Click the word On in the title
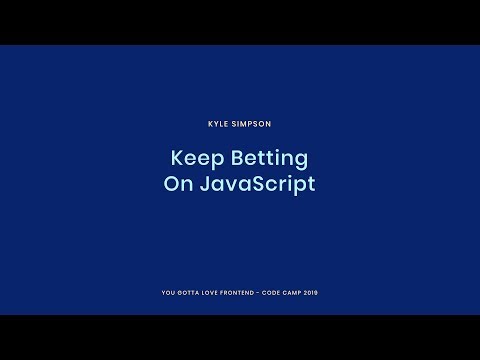(178, 184)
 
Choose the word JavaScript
(257, 185)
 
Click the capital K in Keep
(177, 159)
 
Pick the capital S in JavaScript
(254, 185)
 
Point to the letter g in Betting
(300, 162)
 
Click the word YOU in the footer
(167, 293)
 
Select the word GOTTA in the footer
(189, 293)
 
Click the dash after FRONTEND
(266, 293)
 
